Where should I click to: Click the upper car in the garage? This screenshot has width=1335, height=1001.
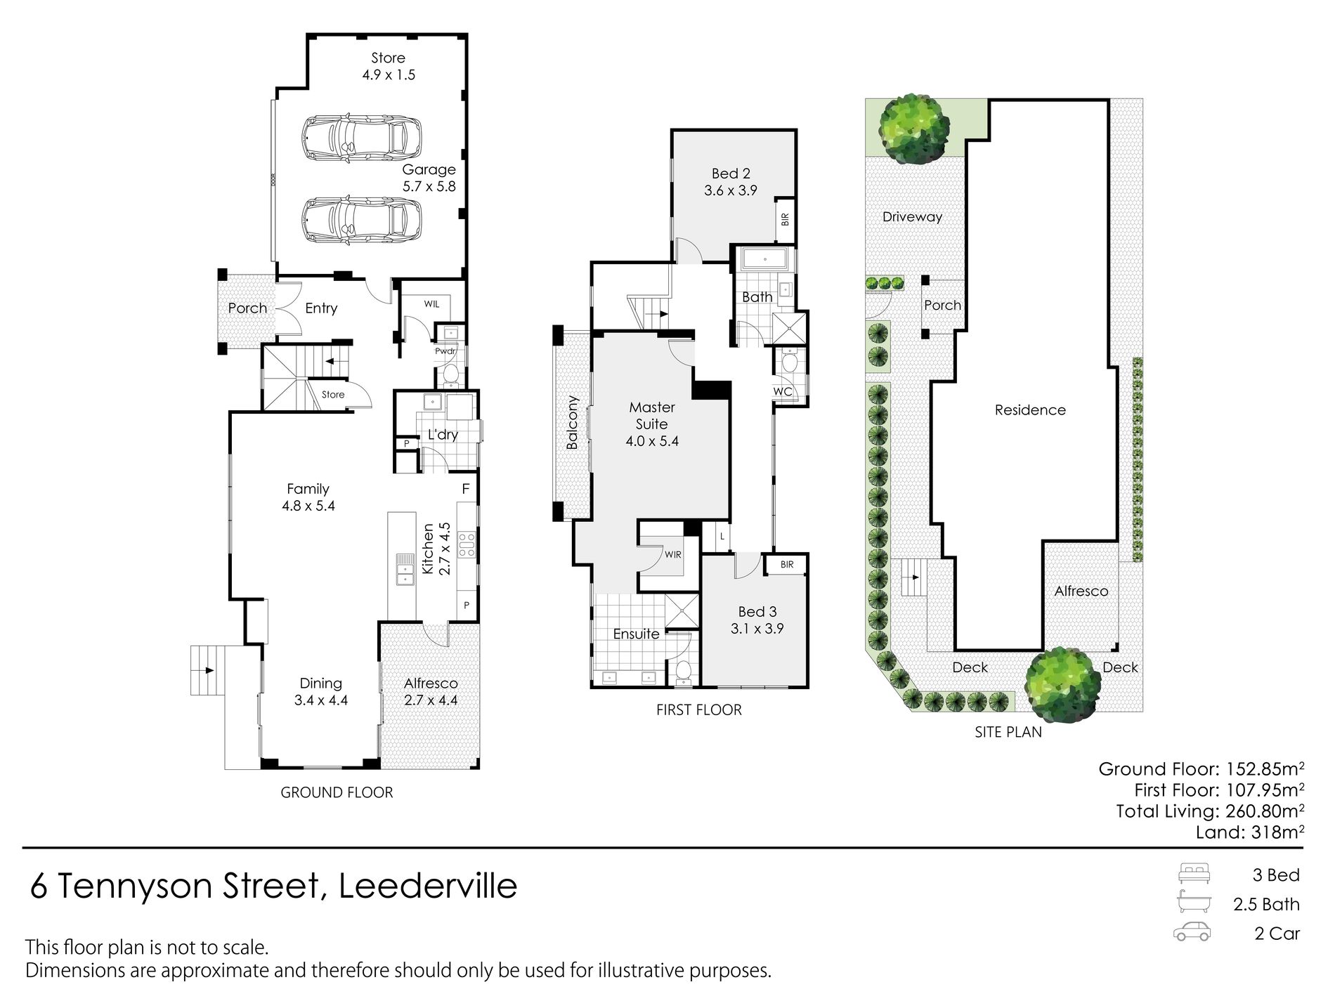[362, 138]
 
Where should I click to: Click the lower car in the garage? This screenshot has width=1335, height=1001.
[362, 220]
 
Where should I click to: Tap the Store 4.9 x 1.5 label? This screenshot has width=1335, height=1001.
[389, 66]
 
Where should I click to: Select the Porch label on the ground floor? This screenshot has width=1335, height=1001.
[247, 308]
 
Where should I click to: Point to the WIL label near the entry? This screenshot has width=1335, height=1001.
[431, 303]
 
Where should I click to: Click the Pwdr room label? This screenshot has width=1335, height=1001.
[445, 351]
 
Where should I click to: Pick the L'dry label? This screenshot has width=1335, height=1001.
[443, 435]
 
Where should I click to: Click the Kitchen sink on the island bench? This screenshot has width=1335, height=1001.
[405, 568]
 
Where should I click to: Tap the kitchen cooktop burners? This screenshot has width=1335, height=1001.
[467, 544]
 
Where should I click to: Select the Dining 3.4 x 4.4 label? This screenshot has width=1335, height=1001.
[321, 691]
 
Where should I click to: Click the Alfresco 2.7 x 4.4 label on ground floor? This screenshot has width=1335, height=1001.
[431, 691]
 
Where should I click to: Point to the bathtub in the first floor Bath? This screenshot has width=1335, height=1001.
[764, 260]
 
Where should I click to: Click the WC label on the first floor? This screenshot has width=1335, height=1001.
[783, 391]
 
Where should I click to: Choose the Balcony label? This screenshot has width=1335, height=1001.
[572, 422]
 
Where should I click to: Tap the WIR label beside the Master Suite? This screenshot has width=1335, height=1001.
[672, 555]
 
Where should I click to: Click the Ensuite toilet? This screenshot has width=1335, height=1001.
[682, 672]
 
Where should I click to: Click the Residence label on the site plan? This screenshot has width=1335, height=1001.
[1030, 410]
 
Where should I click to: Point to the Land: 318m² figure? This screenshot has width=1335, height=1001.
[1250, 832]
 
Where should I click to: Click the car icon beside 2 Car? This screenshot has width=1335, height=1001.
[1192, 931]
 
